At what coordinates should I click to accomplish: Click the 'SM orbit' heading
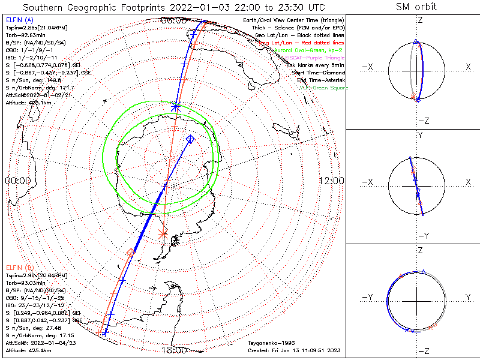pos(416,7)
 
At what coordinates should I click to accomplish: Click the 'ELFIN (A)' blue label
pos(20,20)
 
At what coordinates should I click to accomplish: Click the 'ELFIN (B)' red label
pos(20,267)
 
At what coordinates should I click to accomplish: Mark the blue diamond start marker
pos(190,139)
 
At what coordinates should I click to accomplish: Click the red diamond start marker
pos(131,252)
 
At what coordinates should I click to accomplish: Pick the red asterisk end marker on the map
pos(163,234)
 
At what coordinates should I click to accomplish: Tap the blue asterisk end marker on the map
pos(175,107)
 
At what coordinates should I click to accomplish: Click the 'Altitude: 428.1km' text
pos(27,102)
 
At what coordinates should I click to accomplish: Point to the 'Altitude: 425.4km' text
pos(27,349)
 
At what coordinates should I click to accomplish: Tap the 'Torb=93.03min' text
pos(24,282)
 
